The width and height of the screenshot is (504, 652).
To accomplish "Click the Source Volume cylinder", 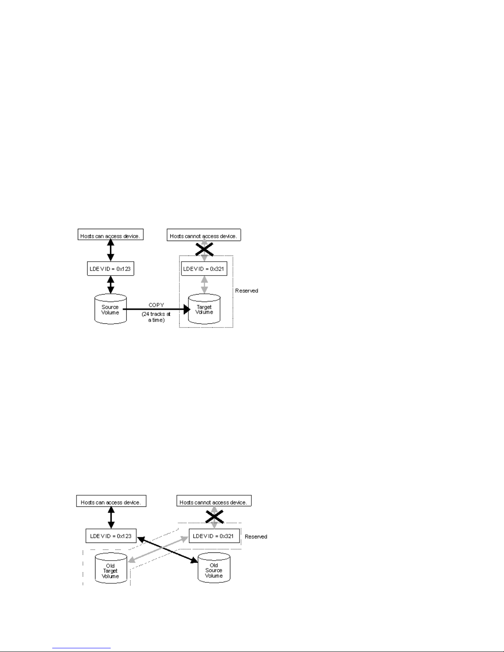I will pos(110,309).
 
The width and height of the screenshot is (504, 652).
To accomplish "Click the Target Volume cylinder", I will pos(204,309).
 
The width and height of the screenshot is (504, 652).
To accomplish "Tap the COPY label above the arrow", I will pos(156,305).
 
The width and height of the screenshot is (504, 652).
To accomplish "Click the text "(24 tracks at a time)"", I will pos(156,317).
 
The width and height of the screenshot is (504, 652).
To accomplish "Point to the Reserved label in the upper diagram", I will pos(246,291).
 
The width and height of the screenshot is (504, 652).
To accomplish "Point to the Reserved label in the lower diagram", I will pos(256,537).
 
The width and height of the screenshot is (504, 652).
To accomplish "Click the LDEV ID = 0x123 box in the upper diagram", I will pos(110,269).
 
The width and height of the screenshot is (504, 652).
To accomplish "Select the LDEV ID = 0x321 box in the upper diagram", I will pos(204,269).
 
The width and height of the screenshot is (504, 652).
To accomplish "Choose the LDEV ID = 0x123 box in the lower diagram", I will pos(111,536).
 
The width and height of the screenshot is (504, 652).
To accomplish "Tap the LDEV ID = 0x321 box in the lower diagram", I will pos(214,536).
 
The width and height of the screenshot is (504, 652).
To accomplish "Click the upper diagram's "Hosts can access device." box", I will pos(111,236).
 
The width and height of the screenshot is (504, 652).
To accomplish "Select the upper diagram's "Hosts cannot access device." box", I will pos(204,236).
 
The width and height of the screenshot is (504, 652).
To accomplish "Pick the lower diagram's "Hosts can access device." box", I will pos(111,502).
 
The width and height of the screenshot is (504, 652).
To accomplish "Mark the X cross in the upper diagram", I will pos(204,248).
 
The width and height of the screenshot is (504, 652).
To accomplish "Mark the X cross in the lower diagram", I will pos(214,517).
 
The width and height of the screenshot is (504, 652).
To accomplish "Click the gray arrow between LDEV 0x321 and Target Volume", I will pos(204,285).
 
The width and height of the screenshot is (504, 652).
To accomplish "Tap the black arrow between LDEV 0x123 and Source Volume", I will pos(110,285).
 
